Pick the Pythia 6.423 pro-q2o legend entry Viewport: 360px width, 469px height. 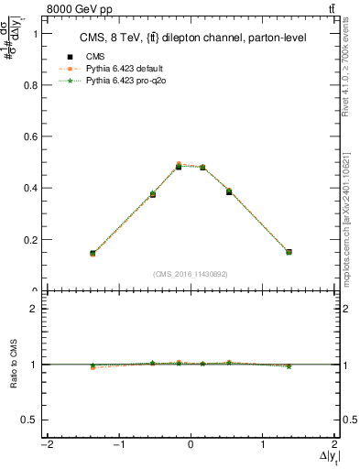[x=120, y=81]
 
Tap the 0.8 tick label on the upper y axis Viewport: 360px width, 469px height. [x=25, y=84]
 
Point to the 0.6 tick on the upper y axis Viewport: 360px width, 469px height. [x=25, y=136]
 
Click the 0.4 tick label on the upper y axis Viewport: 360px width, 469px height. [x=25, y=188]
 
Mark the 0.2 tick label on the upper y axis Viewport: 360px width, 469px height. [x=25, y=240]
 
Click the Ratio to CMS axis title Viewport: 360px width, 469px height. [x=14, y=365]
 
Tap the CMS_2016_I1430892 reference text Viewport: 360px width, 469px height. [x=191, y=273]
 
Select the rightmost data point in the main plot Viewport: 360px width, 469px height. [x=289, y=251]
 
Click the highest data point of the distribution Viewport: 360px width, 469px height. [x=180, y=166]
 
